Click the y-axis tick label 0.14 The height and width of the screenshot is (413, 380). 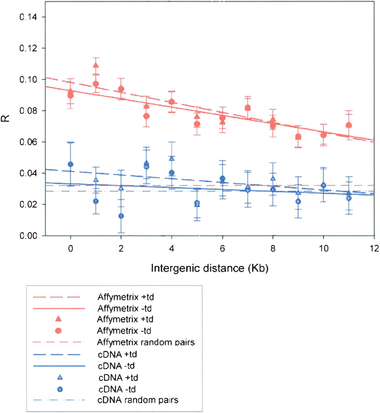tap(28, 17)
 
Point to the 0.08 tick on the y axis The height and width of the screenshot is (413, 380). tap(28, 111)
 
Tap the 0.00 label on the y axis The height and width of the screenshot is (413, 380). tap(28, 236)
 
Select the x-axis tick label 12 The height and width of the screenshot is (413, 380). tap(374, 248)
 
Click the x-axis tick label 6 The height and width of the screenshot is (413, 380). tap(222, 248)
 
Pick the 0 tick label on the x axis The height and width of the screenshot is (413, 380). tap(71, 248)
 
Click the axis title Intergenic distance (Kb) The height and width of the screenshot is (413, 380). tap(210, 268)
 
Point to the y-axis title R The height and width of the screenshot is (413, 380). tap(6, 118)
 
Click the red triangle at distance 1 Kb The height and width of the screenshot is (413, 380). tap(96, 65)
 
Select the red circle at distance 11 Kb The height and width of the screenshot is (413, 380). tap(349, 125)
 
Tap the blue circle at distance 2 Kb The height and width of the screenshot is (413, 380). tap(121, 216)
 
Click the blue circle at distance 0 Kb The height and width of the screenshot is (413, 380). tap(71, 164)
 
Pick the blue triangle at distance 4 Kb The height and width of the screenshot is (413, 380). tap(172, 158)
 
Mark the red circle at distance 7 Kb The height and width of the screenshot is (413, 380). tap(247, 107)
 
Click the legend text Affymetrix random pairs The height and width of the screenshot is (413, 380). tap(146, 342)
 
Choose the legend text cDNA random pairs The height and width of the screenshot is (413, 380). tap(138, 400)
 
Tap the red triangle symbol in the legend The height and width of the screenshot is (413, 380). tap(58, 319)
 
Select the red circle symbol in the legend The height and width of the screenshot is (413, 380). tap(58, 331)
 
